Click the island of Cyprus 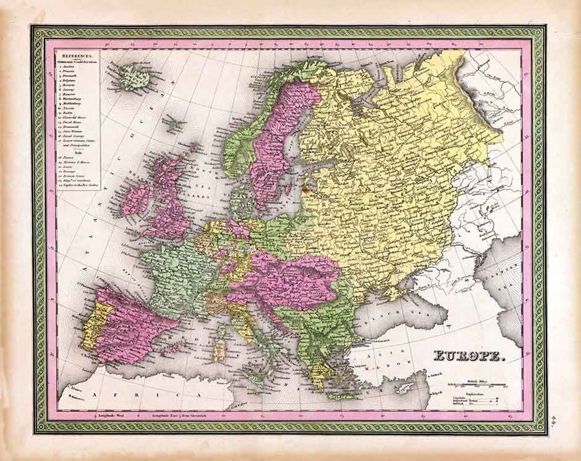(x=405, y=387)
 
